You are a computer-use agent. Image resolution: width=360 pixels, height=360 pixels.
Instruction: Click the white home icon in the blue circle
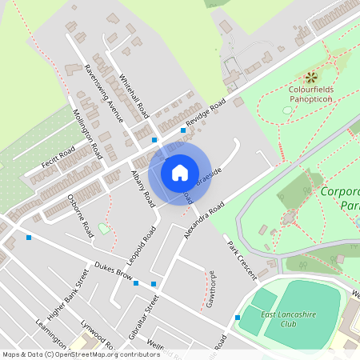[180, 172]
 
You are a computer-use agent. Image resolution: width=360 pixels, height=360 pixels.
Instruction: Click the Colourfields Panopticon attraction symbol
[312, 78]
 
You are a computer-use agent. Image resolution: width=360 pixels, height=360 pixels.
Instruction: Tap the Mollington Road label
[87, 132]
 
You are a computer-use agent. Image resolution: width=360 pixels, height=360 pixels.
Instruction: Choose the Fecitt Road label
[55, 158]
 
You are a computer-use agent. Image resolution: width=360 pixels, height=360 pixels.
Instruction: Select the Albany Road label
[142, 188]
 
